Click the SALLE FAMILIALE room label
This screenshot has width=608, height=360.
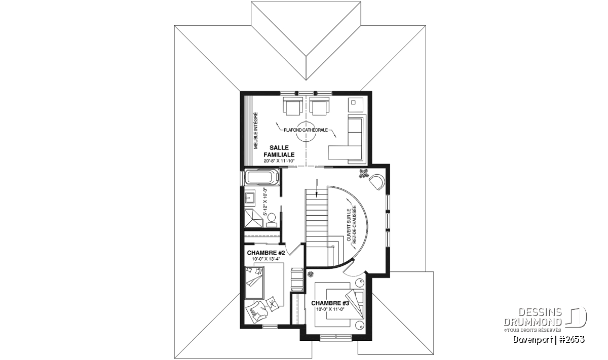279,151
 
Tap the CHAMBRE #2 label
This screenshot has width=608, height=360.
265,253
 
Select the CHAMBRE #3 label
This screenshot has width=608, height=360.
330,303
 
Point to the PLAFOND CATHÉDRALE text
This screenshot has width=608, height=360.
306,130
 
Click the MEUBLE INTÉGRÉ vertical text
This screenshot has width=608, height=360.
255,131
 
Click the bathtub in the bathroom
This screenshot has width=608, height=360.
262,177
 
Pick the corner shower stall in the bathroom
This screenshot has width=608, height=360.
254,218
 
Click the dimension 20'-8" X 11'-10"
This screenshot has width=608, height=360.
279,161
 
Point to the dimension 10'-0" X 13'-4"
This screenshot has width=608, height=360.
265,259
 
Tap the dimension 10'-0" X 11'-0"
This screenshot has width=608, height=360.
330,309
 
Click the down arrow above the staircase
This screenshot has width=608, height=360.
317,188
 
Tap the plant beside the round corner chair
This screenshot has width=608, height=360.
363,174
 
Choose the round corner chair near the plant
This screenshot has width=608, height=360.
376,183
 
